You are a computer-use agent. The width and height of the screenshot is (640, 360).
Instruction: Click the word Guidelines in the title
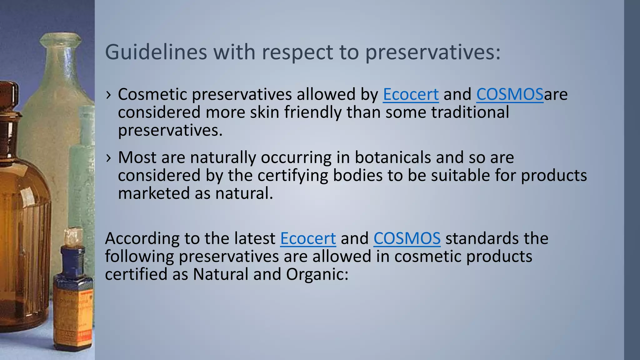(156, 52)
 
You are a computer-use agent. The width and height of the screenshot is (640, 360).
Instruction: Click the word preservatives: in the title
(433, 52)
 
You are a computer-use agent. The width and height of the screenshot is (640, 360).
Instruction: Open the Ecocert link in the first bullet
(411, 94)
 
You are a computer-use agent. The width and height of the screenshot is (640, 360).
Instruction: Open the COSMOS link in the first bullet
(510, 94)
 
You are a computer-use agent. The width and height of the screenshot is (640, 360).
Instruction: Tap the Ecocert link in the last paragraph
(308, 238)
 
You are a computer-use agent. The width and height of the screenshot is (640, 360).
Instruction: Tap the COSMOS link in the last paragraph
(407, 238)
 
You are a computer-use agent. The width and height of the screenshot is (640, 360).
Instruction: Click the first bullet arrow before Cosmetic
(108, 95)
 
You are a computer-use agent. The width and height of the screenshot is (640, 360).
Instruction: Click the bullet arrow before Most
(108, 158)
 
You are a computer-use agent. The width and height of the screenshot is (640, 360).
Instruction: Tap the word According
(142, 238)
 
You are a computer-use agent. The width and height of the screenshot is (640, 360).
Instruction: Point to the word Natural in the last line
(221, 274)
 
